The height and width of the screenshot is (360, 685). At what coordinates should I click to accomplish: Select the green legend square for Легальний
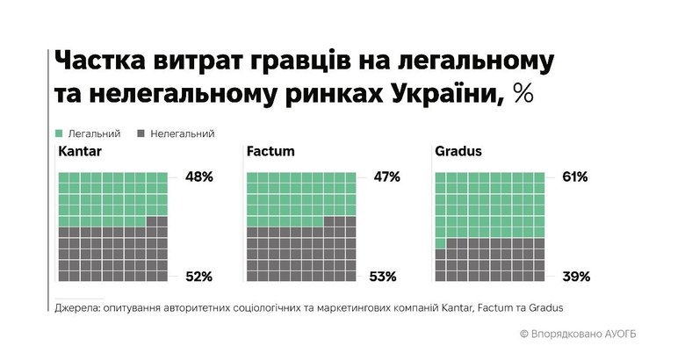tap(59, 133)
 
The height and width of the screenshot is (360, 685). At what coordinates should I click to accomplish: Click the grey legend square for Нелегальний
tap(141, 133)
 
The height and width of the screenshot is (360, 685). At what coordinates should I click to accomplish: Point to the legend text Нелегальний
tap(183, 133)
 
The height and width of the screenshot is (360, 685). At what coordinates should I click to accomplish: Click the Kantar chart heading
tap(79, 152)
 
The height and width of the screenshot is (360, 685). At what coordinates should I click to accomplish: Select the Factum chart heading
tap(270, 152)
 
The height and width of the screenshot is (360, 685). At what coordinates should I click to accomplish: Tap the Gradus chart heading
tap(458, 152)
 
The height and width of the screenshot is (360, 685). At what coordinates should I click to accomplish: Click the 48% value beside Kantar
tap(199, 177)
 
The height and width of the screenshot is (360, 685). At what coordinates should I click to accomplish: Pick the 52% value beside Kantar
tap(199, 277)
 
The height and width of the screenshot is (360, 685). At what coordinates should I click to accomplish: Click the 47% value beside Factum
tap(386, 177)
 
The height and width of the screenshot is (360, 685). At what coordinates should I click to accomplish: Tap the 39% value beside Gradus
tap(575, 277)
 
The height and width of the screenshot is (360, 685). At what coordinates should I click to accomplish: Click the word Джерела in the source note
tap(77, 308)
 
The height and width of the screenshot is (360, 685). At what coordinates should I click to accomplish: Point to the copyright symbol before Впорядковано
tap(523, 334)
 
